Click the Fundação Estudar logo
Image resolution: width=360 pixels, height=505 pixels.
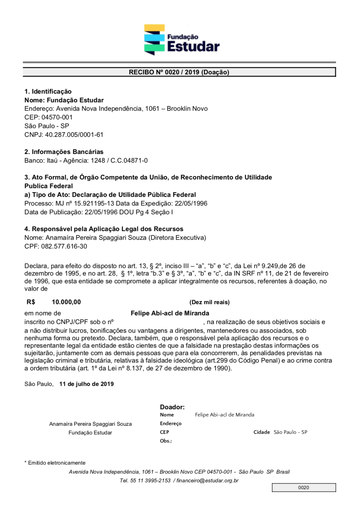[x=182, y=40]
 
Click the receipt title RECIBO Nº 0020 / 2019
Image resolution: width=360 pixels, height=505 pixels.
[x=179, y=72]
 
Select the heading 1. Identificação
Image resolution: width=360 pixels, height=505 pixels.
[x=48, y=91]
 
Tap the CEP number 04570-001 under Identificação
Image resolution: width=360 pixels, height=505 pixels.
[x=57, y=117]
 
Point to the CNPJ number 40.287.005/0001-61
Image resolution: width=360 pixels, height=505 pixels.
[x=74, y=135]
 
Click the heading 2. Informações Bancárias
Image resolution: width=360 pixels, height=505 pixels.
[x=64, y=152]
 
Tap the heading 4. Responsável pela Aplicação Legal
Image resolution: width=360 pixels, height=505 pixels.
[x=104, y=229]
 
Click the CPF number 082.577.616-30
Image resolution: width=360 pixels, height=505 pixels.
[x=64, y=246]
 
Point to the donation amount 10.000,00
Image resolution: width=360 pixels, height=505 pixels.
[x=66, y=302]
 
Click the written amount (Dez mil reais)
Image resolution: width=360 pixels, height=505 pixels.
[x=210, y=302]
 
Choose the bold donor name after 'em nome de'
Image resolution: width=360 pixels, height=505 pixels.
[x=170, y=313]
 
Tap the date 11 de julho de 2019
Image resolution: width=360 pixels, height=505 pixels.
[x=86, y=384]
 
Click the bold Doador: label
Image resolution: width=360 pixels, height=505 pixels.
[x=172, y=407]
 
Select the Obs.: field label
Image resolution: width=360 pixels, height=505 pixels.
[x=166, y=441]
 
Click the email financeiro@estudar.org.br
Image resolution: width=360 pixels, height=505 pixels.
[x=207, y=480]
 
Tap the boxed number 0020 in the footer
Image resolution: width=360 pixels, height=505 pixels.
[x=303, y=488]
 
